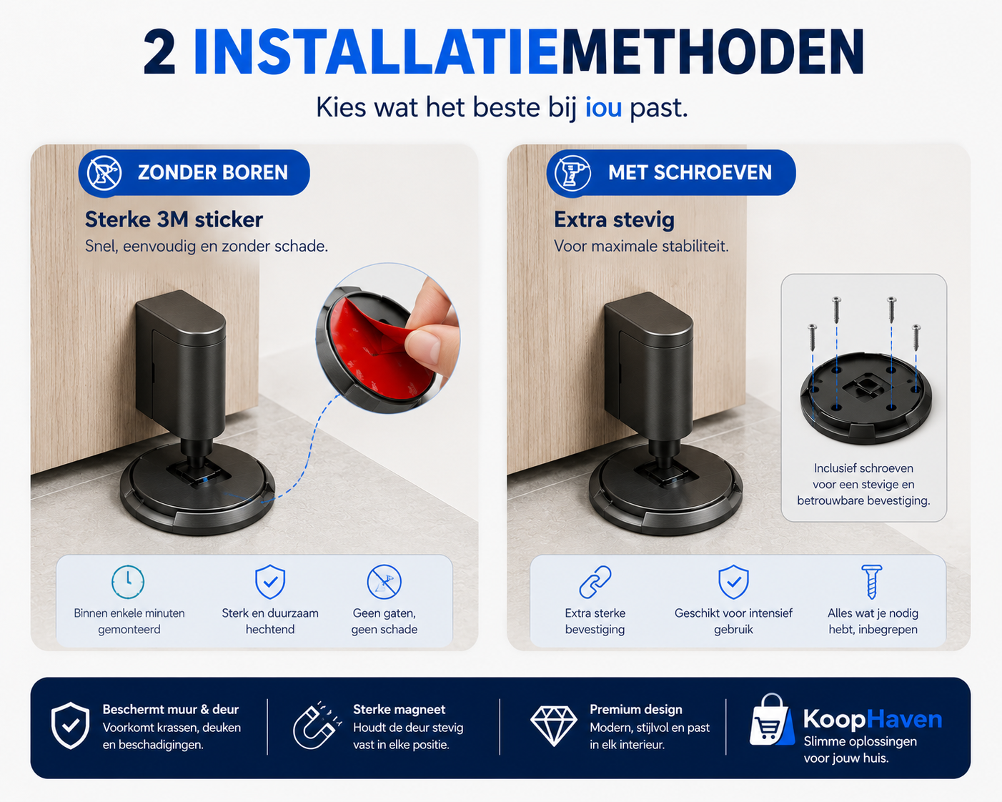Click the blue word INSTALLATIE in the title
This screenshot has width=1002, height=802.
[x=375, y=51]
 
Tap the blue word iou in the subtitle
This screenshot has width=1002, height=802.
[x=603, y=107]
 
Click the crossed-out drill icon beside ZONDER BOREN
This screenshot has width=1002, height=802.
[x=104, y=173]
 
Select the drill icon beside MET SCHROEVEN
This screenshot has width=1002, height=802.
[x=572, y=173]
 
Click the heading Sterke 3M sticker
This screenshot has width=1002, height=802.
[x=174, y=219]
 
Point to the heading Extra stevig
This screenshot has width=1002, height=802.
[x=614, y=220]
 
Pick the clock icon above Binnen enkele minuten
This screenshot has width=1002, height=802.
[x=128, y=582]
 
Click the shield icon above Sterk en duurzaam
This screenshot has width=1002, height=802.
[x=270, y=582]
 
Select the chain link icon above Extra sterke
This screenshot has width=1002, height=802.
[x=595, y=582]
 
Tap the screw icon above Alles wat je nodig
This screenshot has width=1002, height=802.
[x=872, y=582]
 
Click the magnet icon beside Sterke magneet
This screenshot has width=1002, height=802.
[x=317, y=725]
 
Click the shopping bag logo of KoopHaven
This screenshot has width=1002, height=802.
[x=771, y=720]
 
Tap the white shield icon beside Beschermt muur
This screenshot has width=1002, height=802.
[x=70, y=726]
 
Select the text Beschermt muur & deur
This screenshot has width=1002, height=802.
[x=170, y=709]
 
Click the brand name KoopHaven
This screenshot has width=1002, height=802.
[x=873, y=720]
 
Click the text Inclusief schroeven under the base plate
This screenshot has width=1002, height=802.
[x=863, y=468]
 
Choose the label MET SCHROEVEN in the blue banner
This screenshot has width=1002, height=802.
[x=690, y=173]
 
